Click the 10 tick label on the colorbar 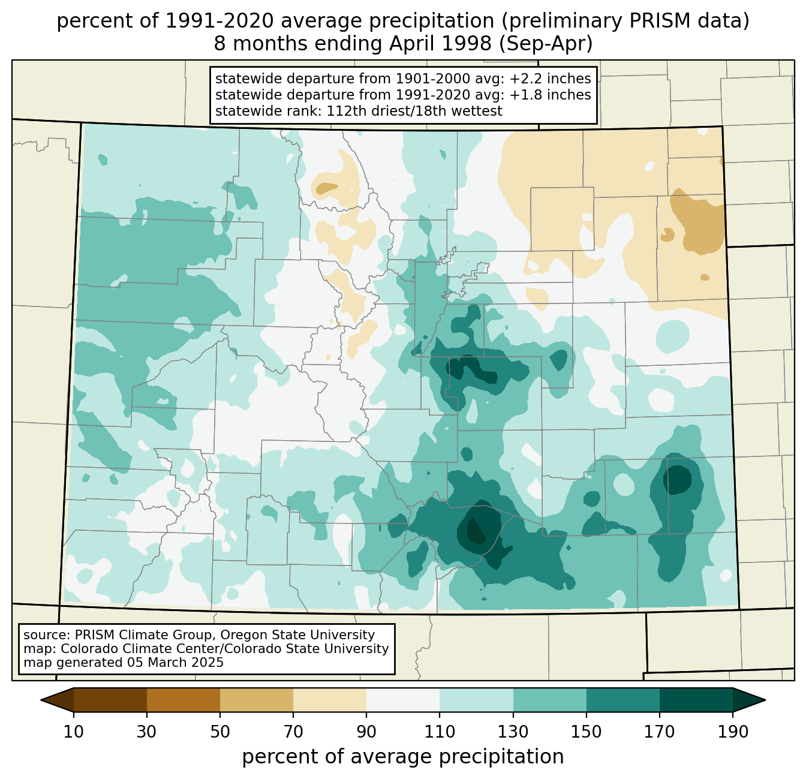(x=73, y=732)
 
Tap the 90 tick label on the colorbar (x=366, y=732)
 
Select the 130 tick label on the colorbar (x=513, y=732)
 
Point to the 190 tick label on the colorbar (x=733, y=732)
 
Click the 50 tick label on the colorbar (x=220, y=732)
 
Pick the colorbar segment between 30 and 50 (x=183, y=700)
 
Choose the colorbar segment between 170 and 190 (x=696, y=700)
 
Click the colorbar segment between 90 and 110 (x=403, y=700)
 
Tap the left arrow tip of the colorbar (x=41, y=700)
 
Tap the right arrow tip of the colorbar (x=765, y=700)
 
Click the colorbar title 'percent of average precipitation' (x=402, y=757)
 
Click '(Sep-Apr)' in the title (x=546, y=44)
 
